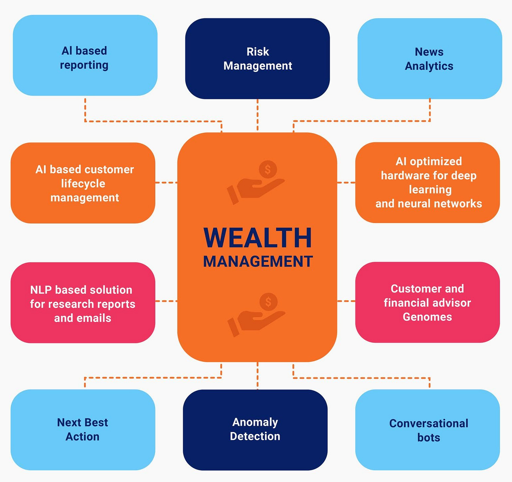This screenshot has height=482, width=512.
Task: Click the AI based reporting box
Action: pyautogui.click(x=85, y=56)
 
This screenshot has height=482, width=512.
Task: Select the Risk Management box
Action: pyautogui.click(x=257, y=59)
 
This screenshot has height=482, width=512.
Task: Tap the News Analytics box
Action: pyautogui.click(x=429, y=59)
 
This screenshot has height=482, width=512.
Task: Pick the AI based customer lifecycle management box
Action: pyautogui.click(x=83, y=183)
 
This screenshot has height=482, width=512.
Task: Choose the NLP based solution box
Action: pyautogui.click(x=83, y=303)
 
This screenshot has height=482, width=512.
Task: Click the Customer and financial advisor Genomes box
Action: pyautogui.click(x=427, y=302)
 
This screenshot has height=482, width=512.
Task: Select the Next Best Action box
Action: pyautogui.click(x=83, y=430)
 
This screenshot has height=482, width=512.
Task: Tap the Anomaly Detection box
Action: pyautogui.click(x=255, y=430)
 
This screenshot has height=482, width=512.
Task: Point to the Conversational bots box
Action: pyautogui.click(x=428, y=430)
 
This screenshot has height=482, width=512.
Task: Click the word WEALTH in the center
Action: pyautogui.click(x=258, y=238)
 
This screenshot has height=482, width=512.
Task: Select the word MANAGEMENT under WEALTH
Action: pyautogui.click(x=258, y=262)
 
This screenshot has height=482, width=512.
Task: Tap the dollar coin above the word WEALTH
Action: pyautogui.click(x=268, y=169)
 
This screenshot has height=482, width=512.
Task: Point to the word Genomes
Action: pyautogui.click(x=427, y=317)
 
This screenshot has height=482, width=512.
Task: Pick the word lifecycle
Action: pyautogui.click(x=83, y=184)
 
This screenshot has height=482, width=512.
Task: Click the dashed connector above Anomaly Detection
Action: pyautogui.click(x=257, y=375)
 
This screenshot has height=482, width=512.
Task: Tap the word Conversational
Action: pyautogui.click(x=429, y=423)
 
